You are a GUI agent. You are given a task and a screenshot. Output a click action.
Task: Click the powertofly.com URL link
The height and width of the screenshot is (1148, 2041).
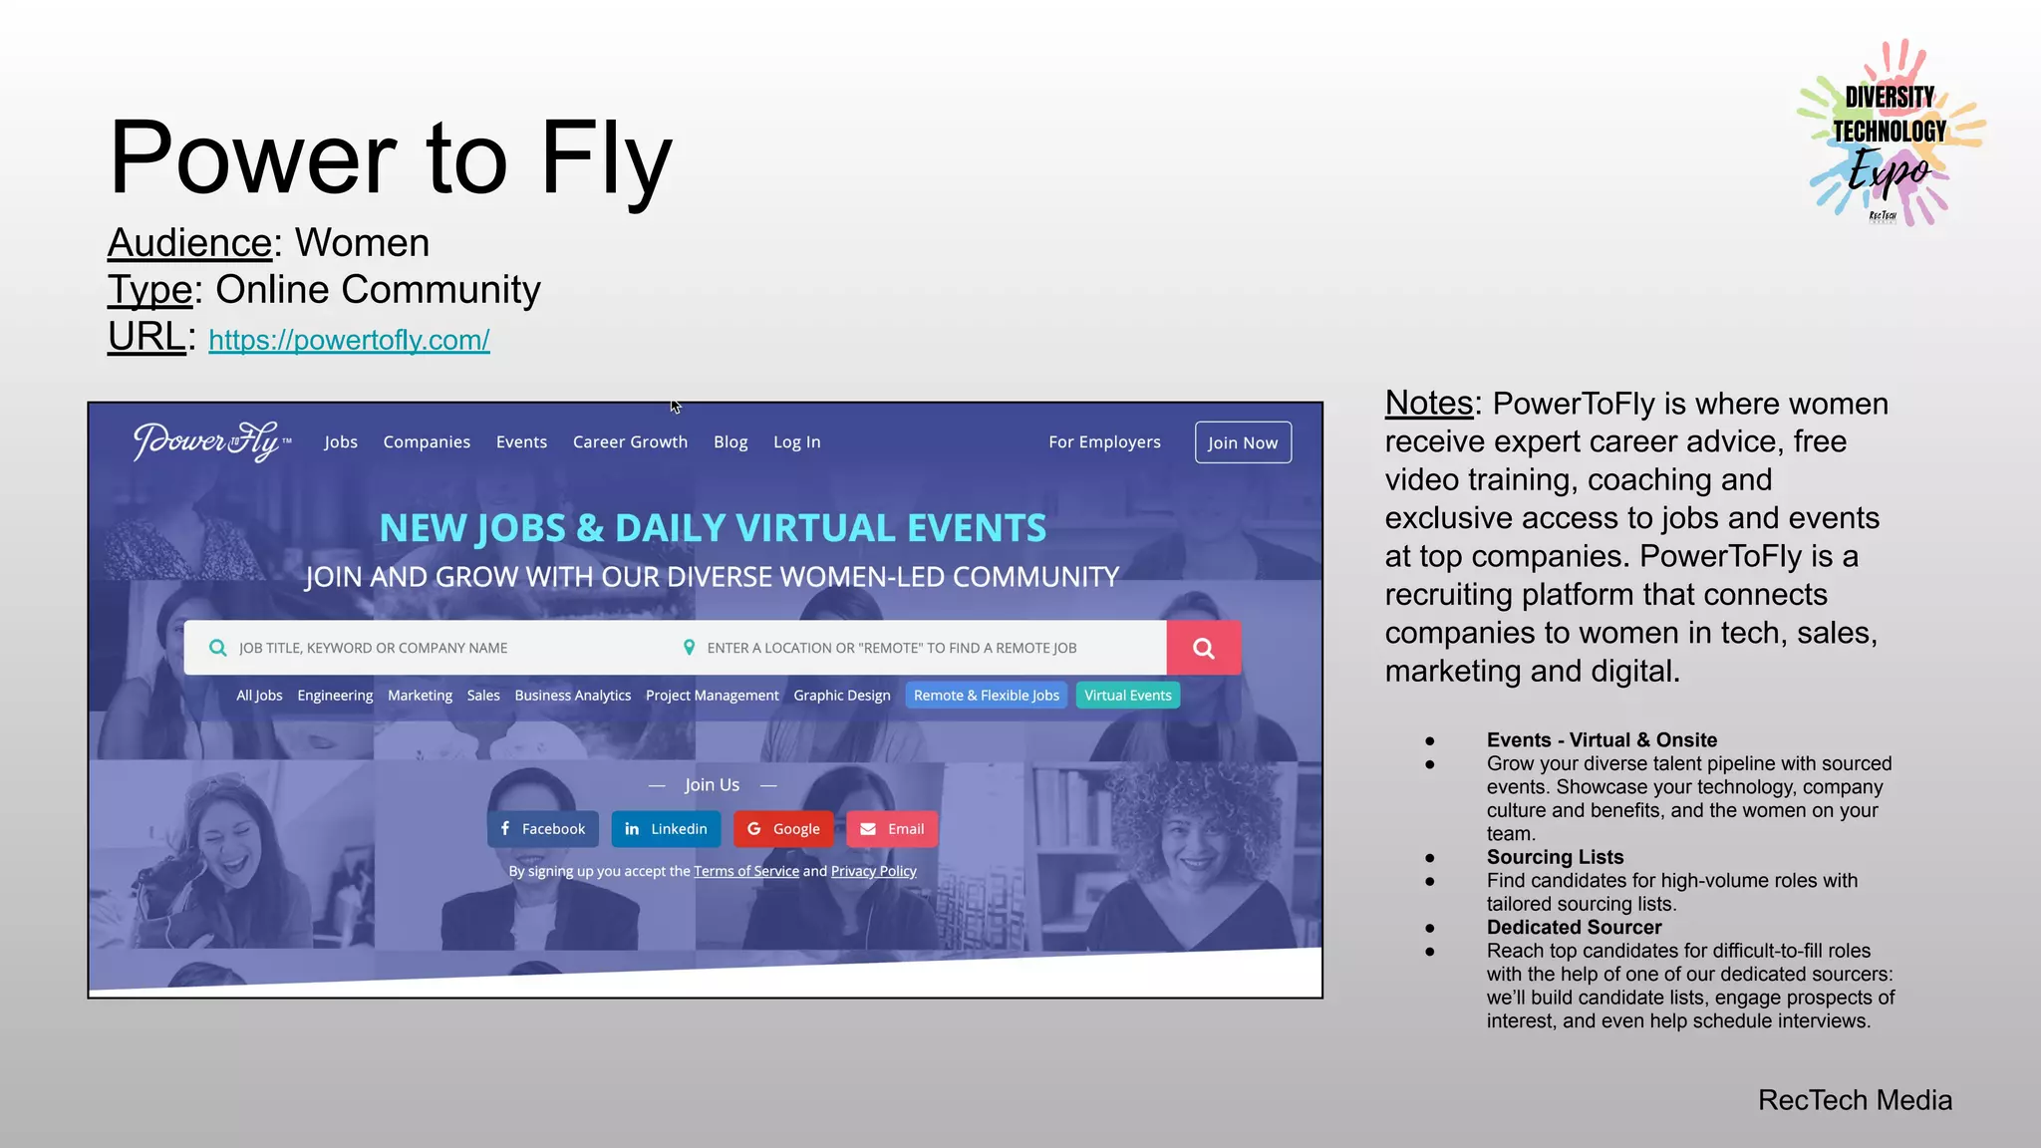point(349,340)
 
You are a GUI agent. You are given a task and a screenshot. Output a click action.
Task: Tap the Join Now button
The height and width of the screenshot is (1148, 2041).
point(1243,442)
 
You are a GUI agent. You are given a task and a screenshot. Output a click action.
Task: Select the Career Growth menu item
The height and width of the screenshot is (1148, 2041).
point(630,441)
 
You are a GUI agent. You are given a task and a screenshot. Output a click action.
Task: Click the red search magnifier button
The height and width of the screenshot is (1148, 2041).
point(1204,648)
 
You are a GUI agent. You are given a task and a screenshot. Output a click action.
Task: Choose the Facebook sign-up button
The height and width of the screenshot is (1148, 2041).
point(543,829)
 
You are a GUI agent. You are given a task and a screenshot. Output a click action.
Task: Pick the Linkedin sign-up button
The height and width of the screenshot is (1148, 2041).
point(666,829)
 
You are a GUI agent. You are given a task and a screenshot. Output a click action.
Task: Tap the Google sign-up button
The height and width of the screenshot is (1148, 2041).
point(783,829)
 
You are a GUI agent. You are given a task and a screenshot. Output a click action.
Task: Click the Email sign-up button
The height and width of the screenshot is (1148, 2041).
point(892,829)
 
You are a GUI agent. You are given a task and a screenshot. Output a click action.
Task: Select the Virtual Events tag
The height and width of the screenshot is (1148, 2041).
point(1127,696)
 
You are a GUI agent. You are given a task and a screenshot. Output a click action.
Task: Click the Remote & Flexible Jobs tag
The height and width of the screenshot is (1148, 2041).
point(986,696)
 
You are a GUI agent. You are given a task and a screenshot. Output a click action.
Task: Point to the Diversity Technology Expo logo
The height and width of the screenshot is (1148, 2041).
point(1890,134)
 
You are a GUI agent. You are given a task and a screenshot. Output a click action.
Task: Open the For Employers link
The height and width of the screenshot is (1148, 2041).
point(1104,441)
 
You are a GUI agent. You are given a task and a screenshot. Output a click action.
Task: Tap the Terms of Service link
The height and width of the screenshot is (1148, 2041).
point(746,871)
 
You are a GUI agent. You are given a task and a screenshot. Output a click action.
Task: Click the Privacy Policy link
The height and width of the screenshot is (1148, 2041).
point(873,871)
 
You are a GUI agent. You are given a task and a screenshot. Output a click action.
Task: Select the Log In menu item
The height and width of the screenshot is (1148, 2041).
point(796,441)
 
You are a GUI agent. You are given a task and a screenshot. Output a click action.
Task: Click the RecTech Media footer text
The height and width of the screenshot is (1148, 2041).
point(1855,1100)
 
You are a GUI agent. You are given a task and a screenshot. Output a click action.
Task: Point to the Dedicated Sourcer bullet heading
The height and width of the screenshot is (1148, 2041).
point(1574,927)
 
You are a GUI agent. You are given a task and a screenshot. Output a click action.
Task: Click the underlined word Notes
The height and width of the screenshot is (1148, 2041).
point(1428,404)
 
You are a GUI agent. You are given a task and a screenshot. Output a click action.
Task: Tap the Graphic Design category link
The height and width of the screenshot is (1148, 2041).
point(841,696)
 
